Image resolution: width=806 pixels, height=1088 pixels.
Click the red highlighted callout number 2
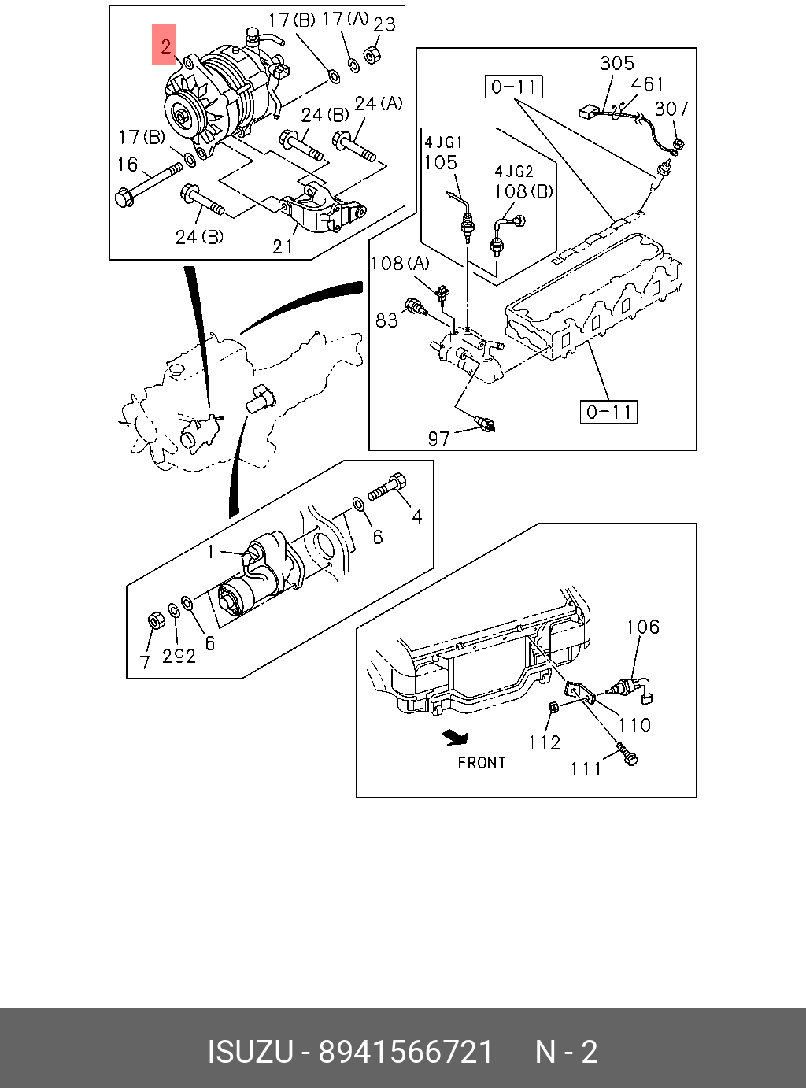point(165,46)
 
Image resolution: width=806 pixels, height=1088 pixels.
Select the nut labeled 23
point(372,55)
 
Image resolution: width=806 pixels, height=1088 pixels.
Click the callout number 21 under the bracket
point(283,247)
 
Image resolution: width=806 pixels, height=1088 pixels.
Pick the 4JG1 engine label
point(443,142)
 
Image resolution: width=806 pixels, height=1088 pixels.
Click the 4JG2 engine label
point(514,172)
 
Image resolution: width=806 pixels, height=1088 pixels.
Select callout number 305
point(617,64)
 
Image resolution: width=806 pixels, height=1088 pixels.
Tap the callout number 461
point(647,84)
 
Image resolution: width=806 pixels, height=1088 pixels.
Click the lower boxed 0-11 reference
point(609,411)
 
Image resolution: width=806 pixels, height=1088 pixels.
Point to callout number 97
point(438,438)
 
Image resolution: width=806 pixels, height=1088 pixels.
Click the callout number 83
point(386,320)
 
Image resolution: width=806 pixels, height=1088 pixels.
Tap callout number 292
point(179,655)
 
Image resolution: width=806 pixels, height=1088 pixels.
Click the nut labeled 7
point(156,620)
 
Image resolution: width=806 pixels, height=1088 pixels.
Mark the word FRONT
point(482,762)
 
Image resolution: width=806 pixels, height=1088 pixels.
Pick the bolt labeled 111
point(627,754)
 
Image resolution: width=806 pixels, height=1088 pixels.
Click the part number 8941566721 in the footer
point(405,1052)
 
